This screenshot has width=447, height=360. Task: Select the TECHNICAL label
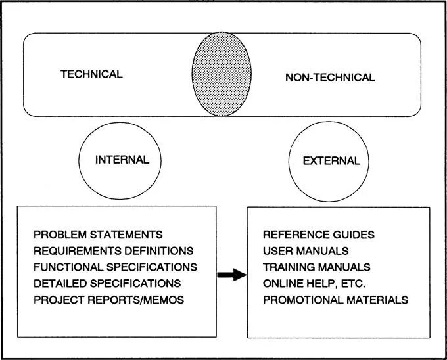91,74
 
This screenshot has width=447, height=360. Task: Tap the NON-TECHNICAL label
330,78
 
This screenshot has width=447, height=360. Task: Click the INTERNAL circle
122,160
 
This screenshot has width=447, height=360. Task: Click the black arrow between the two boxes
230,275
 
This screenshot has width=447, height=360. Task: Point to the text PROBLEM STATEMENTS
98,235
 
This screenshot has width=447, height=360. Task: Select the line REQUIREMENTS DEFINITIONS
113,251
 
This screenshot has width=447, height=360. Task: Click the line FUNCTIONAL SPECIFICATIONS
115,267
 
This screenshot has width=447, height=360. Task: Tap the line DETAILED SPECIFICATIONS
106,284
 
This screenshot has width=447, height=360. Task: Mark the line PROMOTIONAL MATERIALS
335,300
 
